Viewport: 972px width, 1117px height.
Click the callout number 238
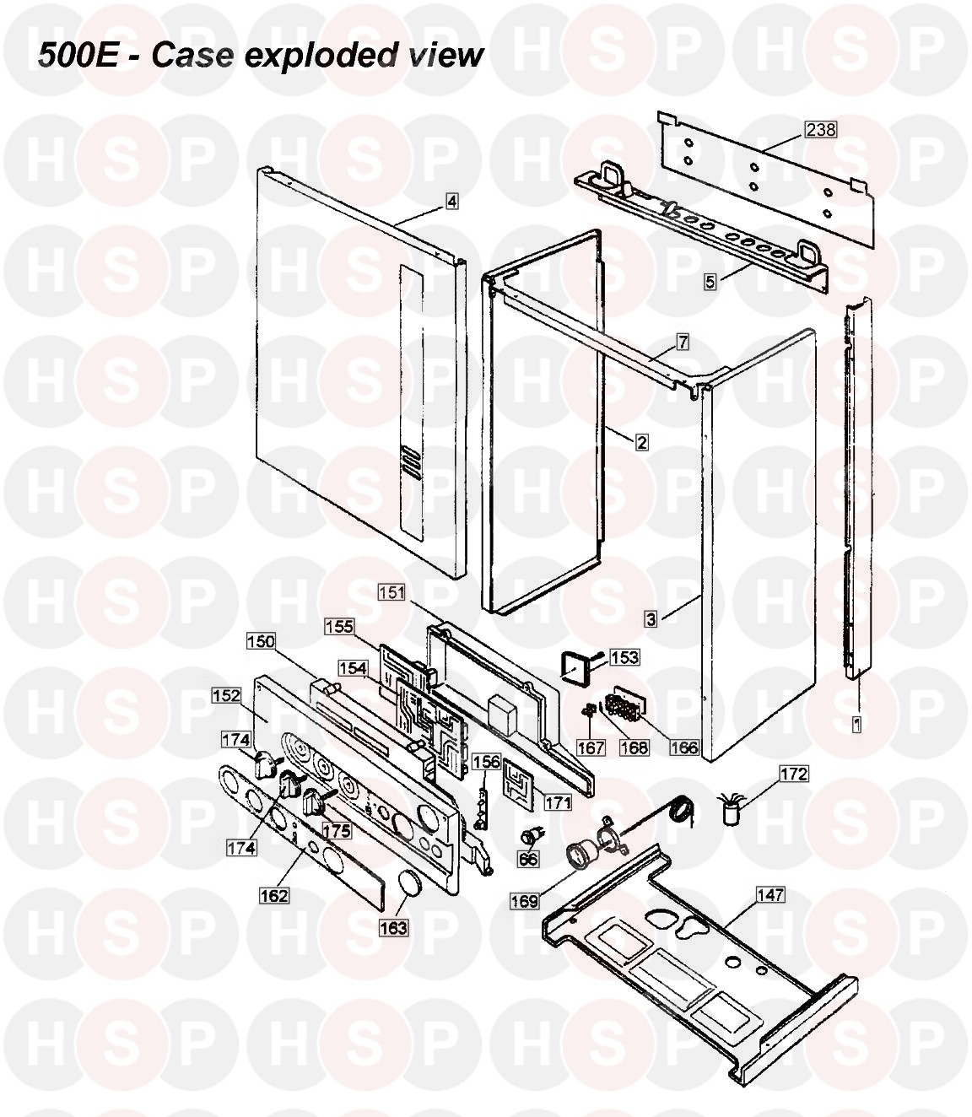click(821, 130)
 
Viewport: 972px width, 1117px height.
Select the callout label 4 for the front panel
click(451, 202)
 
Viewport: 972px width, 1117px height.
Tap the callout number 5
click(710, 282)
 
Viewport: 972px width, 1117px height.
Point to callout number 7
click(683, 343)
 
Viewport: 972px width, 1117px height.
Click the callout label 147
click(770, 895)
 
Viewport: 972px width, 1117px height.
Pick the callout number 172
click(793, 774)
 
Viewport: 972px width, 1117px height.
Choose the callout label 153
click(624, 657)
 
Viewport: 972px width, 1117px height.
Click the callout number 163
click(393, 928)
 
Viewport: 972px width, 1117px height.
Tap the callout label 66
click(528, 860)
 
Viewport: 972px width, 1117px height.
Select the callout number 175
click(337, 831)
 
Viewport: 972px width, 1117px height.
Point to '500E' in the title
click(78, 55)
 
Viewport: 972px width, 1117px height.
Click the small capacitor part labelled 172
click(730, 809)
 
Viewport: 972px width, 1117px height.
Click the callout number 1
click(856, 725)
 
